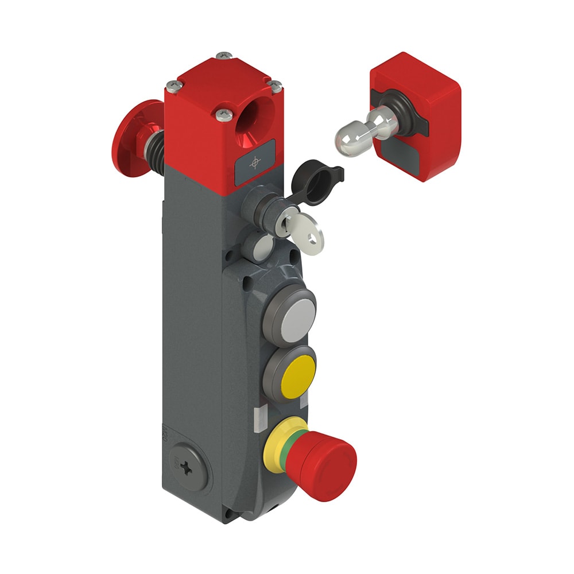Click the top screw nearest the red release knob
tap(173, 86)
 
